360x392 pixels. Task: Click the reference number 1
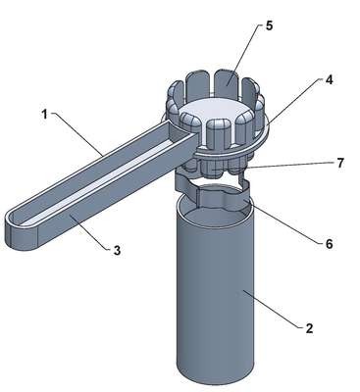(44, 115)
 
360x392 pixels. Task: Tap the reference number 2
(309, 328)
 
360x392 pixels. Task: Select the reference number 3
(117, 251)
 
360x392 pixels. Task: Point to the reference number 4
(330, 79)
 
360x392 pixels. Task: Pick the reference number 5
(269, 25)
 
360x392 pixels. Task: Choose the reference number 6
(329, 244)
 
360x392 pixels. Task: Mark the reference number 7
(340, 163)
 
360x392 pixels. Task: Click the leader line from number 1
(77, 134)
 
